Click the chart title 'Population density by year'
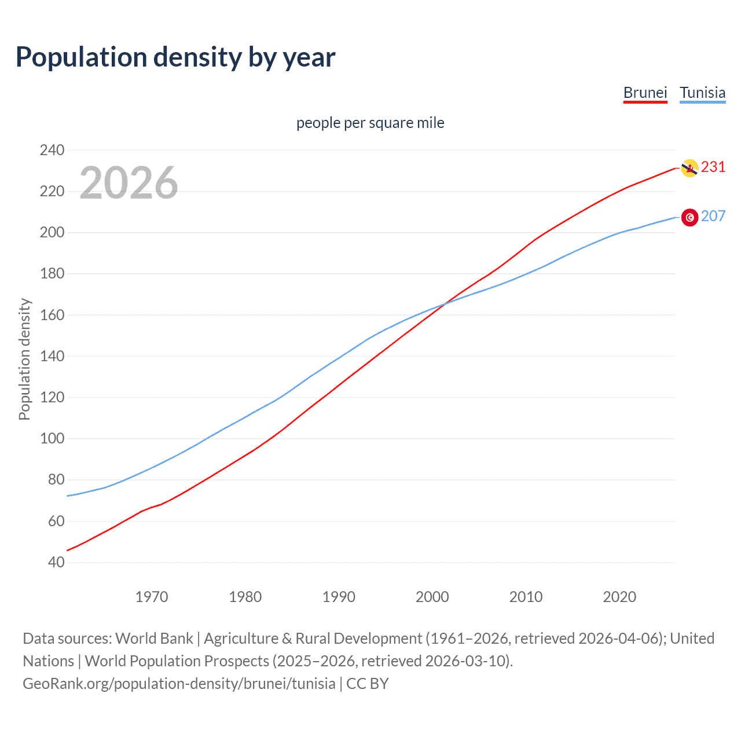[175, 57]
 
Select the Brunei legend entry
[645, 93]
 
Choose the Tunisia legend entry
[702, 93]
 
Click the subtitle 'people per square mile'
[370, 123]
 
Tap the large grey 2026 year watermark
[129, 183]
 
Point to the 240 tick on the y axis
[52, 150]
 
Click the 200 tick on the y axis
[52, 232]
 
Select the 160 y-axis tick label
[52, 315]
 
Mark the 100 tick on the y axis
[52, 438]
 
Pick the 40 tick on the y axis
[56, 562]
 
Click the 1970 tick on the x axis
[152, 597]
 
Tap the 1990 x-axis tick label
[339, 597]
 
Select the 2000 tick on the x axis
[432, 597]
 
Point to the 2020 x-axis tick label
[619, 597]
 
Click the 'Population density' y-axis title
[24, 359]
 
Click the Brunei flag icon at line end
[689, 168]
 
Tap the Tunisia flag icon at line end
[689, 217]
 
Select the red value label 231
[713, 167]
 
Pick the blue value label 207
[713, 217]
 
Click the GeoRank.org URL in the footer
[179, 684]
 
